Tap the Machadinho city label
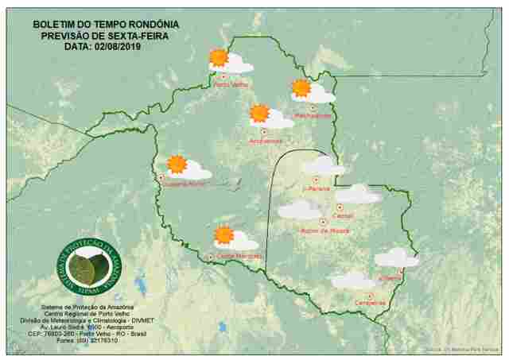pyautogui.click(x=313, y=116)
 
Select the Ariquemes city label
pyautogui.click(x=266, y=141)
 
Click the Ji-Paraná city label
pyautogui.click(x=316, y=189)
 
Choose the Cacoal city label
pyautogui.click(x=344, y=215)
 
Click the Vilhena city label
pyautogui.click(x=390, y=279)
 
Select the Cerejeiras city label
pyautogui.click(x=371, y=303)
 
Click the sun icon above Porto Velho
pyautogui.click(x=218, y=57)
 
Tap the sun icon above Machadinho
pyautogui.click(x=301, y=88)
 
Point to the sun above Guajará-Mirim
pyautogui.click(x=177, y=165)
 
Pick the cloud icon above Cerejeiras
pyautogui.click(x=352, y=281)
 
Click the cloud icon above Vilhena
pyautogui.click(x=396, y=257)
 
